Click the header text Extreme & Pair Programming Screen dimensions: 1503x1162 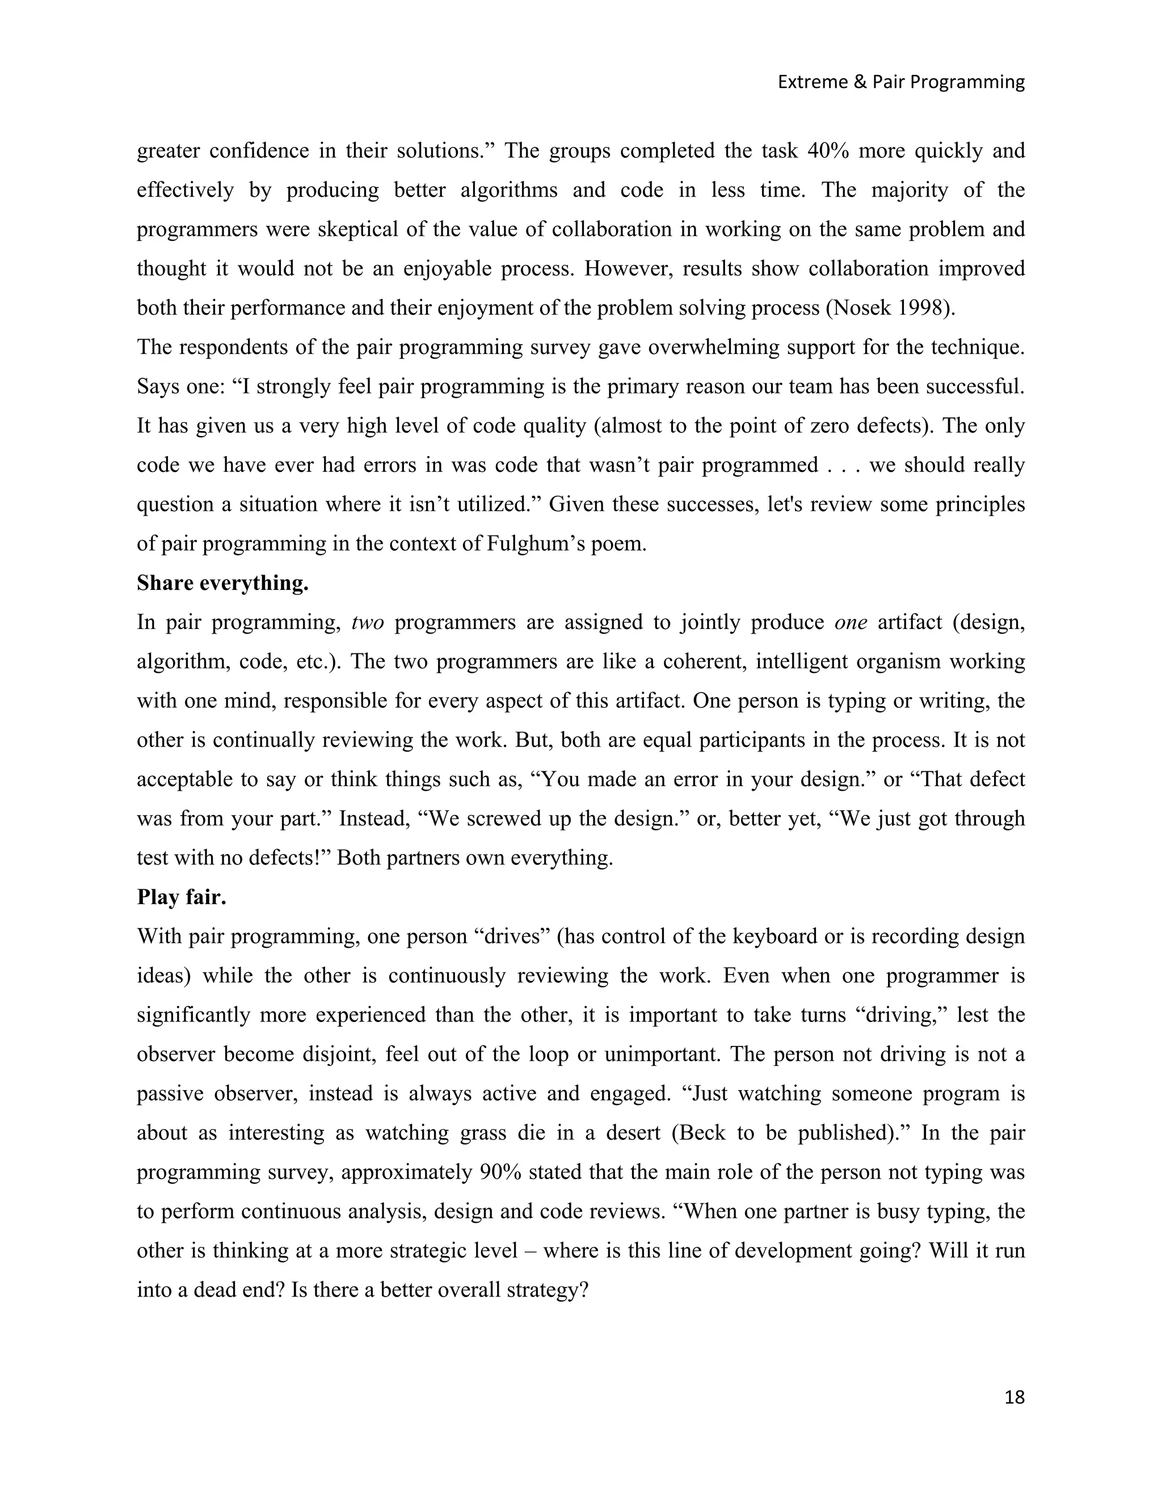[900, 82]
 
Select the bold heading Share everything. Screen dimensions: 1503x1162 [222, 583]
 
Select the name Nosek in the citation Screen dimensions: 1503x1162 [862, 307]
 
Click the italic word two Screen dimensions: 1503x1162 [367, 622]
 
